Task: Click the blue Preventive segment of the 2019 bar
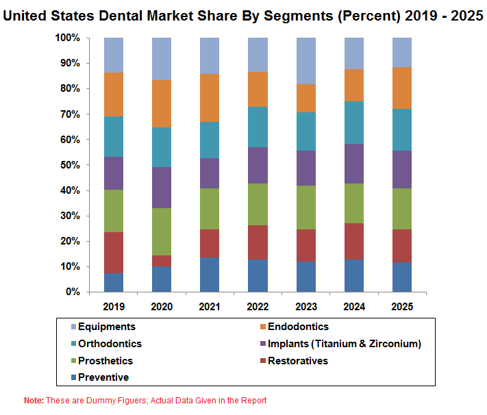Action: [x=114, y=282]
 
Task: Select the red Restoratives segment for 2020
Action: [x=162, y=261]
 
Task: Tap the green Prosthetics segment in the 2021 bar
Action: [x=210, y=209]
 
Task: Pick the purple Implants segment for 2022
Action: [x=258, y=166]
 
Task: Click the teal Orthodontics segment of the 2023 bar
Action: [x=305, y=131]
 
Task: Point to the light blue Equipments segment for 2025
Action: [x=401, y=52]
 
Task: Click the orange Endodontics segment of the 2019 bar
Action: [x=114, y=95]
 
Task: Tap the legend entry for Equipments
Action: [x=106, y=327]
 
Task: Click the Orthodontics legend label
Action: [x=110, y=344]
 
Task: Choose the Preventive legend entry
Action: [x=103, y=377]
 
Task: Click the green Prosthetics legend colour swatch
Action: [x=73, y=361]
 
